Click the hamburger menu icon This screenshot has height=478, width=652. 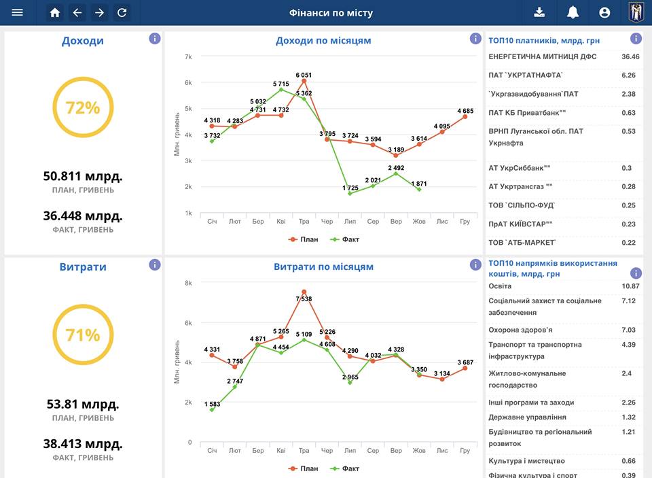pyautogui.click(x=18, y=12)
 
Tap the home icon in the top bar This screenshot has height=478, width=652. pyautogui.click(x=55, y=12)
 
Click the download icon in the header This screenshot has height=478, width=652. pyautogui.click(x=539, y=12)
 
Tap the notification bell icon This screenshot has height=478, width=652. pyautogui.click(x=573, y=12)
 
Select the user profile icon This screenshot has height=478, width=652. pyautogui.click(x=604, y=12)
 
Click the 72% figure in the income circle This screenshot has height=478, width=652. pyautogui.click(x=83, y=108)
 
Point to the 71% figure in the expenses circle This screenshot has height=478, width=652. pyautogui.click(x=83, y=335)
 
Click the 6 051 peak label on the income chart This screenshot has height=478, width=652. pyautogui.click(x=304, y=75)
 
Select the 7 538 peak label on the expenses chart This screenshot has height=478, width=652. pyautogui.click(x=304, y=299)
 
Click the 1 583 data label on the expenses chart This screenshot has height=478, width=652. pyautogui.click(x=212, y=405)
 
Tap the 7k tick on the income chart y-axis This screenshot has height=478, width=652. pyautogui.click(x=188, y=56)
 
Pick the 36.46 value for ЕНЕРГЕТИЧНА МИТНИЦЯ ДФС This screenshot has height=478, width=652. pyautogui.click(x=630, y=56)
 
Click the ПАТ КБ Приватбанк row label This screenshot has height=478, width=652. pyautogui.click(x=527, y=113)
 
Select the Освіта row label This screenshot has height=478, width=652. pyautogui.click(x=500, y=286)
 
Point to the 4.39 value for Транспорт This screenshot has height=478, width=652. pyautogui.click(x=629, y=345)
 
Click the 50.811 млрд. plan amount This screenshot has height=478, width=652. pyautogui.click(x=83, y=177)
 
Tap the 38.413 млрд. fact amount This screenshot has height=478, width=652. pyautogui.click(x=83, y=444)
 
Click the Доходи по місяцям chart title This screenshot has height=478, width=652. pyautogui.click(x=323, y=41)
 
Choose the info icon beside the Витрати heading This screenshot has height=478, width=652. pyautogui.click(x=155, y=264)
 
